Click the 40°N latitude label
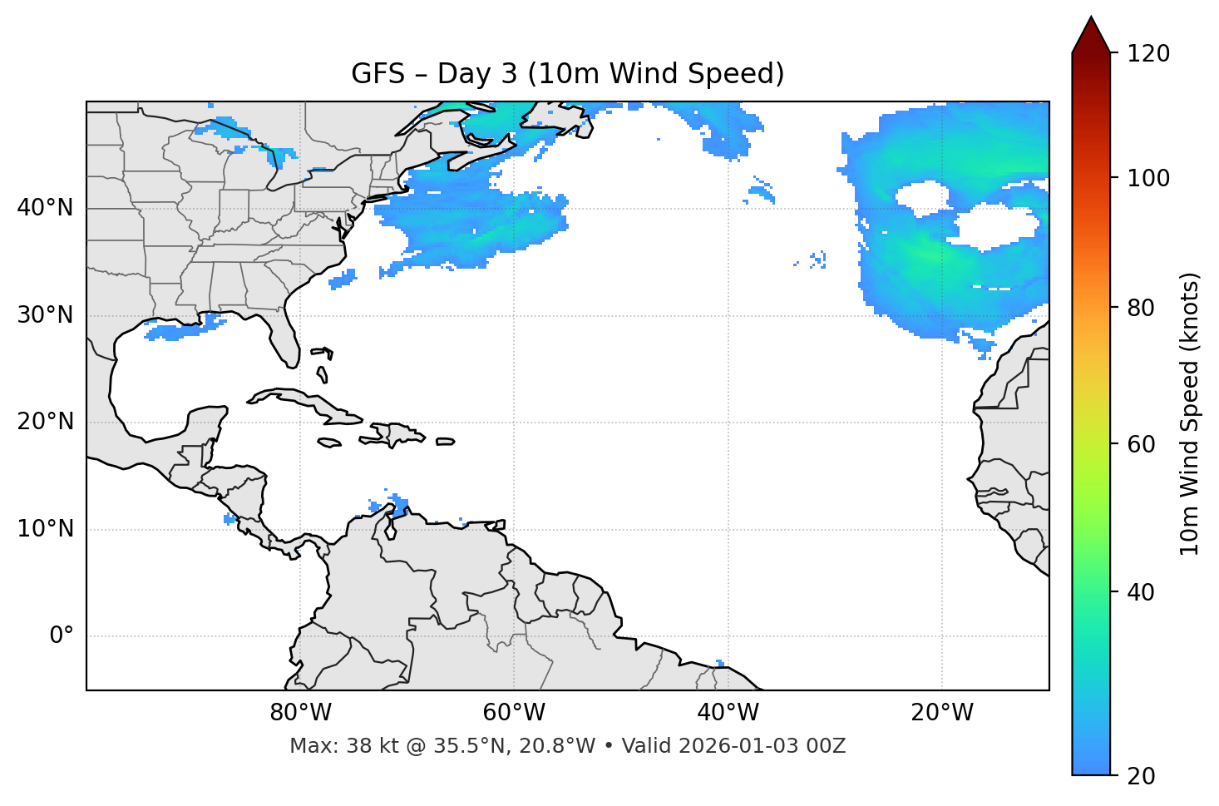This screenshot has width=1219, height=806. click(x=45, y=207)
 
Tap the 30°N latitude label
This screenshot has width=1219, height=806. click(x=45, y=315)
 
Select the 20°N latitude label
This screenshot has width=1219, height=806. click(x=45, y=422)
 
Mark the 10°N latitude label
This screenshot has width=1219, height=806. click(x=45, y=529)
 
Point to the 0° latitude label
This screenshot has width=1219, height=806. click(x=62, y=636)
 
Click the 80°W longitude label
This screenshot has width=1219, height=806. click(x=300, y=713)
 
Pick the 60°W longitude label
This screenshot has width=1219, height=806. click(x=514, y=713)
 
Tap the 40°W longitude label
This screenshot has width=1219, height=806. click(x=728, y=713)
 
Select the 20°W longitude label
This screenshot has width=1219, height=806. click(x=941, y=713)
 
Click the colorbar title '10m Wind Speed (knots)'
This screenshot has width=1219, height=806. click(x=1190, y=413)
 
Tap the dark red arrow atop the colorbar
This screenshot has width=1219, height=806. click(x=1091, y=37)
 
